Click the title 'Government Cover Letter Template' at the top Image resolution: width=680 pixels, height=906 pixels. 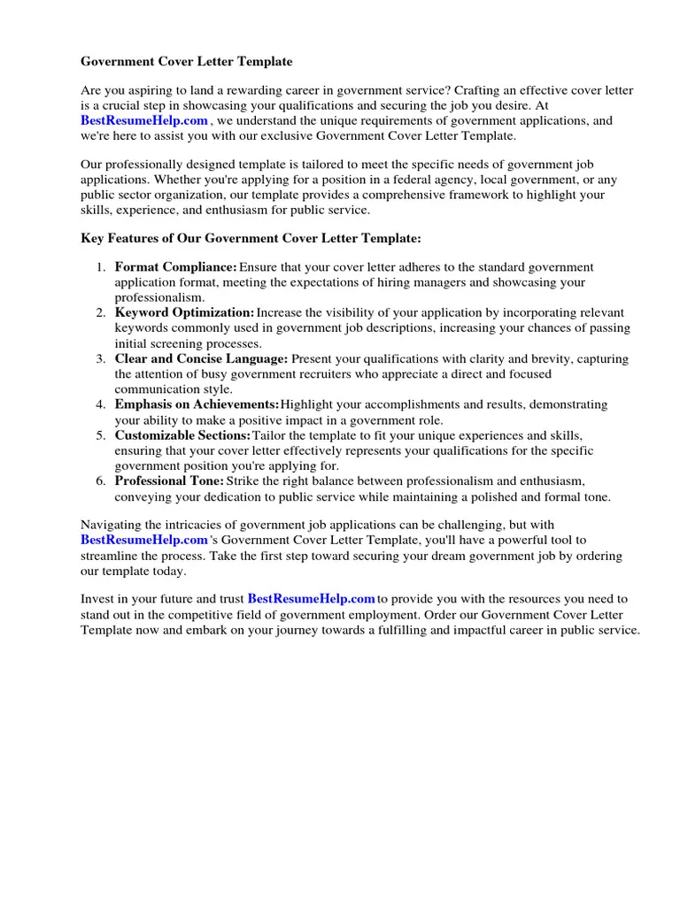click(x=186, y=62)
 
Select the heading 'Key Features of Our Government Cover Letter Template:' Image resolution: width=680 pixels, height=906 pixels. click(x=251, y=239)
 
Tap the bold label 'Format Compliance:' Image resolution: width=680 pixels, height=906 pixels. click(x=175, y=267)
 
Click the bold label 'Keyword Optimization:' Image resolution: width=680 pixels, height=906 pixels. click(x=184, y=313)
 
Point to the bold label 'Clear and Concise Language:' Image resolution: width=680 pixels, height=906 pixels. click(x=201, y=359)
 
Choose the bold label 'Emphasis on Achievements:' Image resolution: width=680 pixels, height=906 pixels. click(x=197, y=404)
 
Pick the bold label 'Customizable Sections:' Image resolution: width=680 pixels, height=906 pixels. click(x=182, y=435)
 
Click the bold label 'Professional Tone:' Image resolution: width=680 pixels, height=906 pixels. click(x=169, y=480)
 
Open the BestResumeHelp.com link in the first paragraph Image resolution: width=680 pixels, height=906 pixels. click(x=144, y=121)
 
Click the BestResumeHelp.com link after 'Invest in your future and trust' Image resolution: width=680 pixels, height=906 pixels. click(x=311, y=599)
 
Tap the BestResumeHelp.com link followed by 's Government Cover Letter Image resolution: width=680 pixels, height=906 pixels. click(x=144, y=540)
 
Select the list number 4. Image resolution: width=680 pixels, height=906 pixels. click(x=100, y=404)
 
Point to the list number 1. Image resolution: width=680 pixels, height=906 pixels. click(x=100, y=267)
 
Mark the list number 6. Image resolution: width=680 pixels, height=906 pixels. click(x=100, y=480)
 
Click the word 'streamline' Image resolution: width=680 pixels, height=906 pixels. click(x=109, y=556)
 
